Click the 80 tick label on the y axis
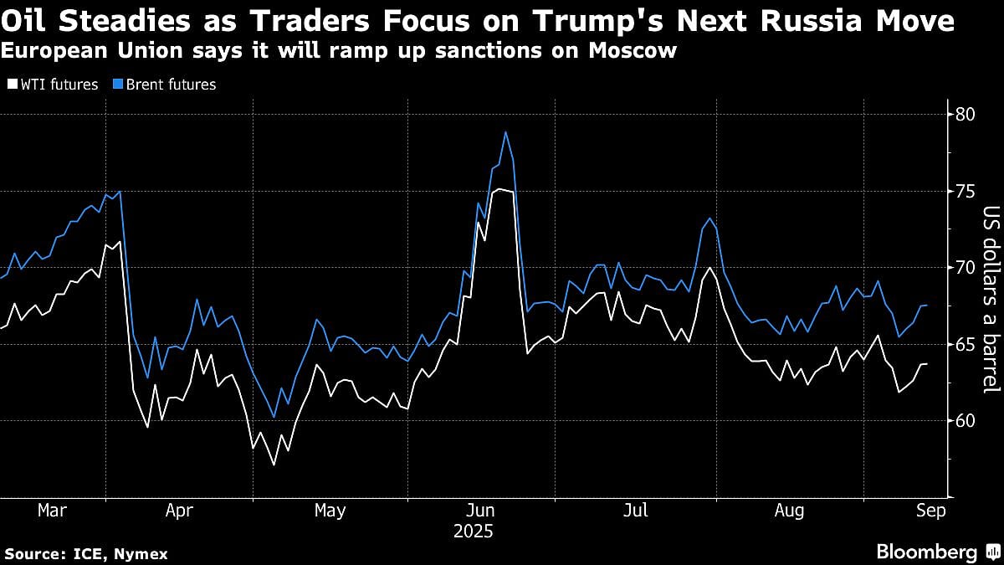[966, 114]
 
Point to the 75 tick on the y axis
[966, 191]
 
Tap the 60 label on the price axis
[966, 420]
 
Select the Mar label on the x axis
[53, 511]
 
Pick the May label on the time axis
[330, 511]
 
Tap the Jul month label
[636, 511]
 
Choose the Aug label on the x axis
[789, 511]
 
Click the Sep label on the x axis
[931, 511]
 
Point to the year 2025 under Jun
[474, 532]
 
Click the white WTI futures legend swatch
[12, 85]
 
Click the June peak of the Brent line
[505, 131]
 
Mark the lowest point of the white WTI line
[273, 465]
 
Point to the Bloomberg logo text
[927, 552]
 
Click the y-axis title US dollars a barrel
[991, 299]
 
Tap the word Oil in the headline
[28, 21]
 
